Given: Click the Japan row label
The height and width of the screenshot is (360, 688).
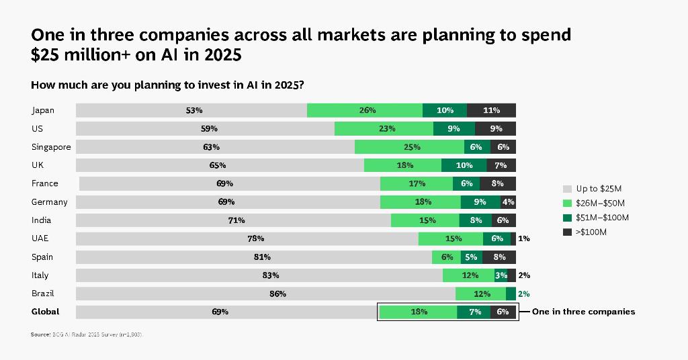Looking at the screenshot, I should pos(43,110).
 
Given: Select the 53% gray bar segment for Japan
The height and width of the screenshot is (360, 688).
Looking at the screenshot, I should pos(191,110).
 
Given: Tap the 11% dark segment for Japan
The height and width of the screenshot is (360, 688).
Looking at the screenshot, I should pos(491,110).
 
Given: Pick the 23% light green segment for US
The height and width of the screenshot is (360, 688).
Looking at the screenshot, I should pos(384,128).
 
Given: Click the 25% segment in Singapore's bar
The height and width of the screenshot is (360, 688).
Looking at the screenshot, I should pos(409,147).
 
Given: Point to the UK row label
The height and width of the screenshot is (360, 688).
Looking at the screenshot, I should pos(38,165).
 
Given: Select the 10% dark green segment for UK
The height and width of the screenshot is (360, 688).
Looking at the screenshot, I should pos(464,165).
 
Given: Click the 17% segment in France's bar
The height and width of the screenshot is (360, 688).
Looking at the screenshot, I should pos(417,183).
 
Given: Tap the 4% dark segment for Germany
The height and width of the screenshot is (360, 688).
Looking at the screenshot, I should pos(509,201).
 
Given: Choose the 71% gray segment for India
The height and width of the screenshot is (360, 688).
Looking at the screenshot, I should pos(233,220).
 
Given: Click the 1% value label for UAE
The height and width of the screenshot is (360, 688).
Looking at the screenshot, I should pos(524,238).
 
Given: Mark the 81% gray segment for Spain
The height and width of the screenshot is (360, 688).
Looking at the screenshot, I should pos(254,257).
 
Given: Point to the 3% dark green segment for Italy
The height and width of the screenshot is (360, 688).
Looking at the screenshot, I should pos(501,275).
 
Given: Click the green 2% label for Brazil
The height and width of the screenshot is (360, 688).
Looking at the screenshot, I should pos(524,294).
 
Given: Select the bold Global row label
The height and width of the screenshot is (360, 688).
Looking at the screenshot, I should pos(46,312).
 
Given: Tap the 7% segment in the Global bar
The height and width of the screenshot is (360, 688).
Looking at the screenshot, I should pos(474,312).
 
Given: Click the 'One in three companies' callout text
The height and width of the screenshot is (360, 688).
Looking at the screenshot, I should pos(583,312).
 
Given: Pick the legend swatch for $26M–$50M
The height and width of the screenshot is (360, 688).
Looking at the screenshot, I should pos(567,203).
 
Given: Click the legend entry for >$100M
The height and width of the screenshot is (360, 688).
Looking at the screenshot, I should pos(591,232).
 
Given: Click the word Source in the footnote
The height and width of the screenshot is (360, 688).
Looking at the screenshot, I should pos(40,334).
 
